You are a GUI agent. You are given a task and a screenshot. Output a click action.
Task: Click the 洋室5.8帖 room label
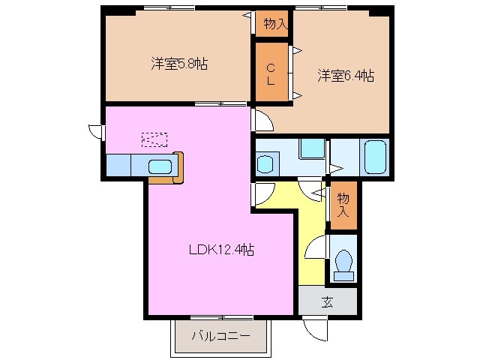click(x=178, y=64)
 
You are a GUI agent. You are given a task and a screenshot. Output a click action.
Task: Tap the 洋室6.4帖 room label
click(x=346, y=76)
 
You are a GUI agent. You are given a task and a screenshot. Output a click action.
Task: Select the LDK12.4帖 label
click(x=220, y=250)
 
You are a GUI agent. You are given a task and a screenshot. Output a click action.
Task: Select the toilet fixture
click(x=343, y=263)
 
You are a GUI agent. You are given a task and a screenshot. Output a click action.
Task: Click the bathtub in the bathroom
click(x=374, y=156)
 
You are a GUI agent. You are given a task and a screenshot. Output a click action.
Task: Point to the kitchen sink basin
click(x=160, y=166)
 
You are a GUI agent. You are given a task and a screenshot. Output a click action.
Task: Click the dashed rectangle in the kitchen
click(x=154, y=139)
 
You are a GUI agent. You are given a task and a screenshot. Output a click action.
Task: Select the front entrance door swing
click(x=315, y=328)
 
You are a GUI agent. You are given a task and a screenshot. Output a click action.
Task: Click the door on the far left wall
click(x=95, y=131)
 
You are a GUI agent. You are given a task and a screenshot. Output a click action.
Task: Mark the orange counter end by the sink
click(x=178, y=166)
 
